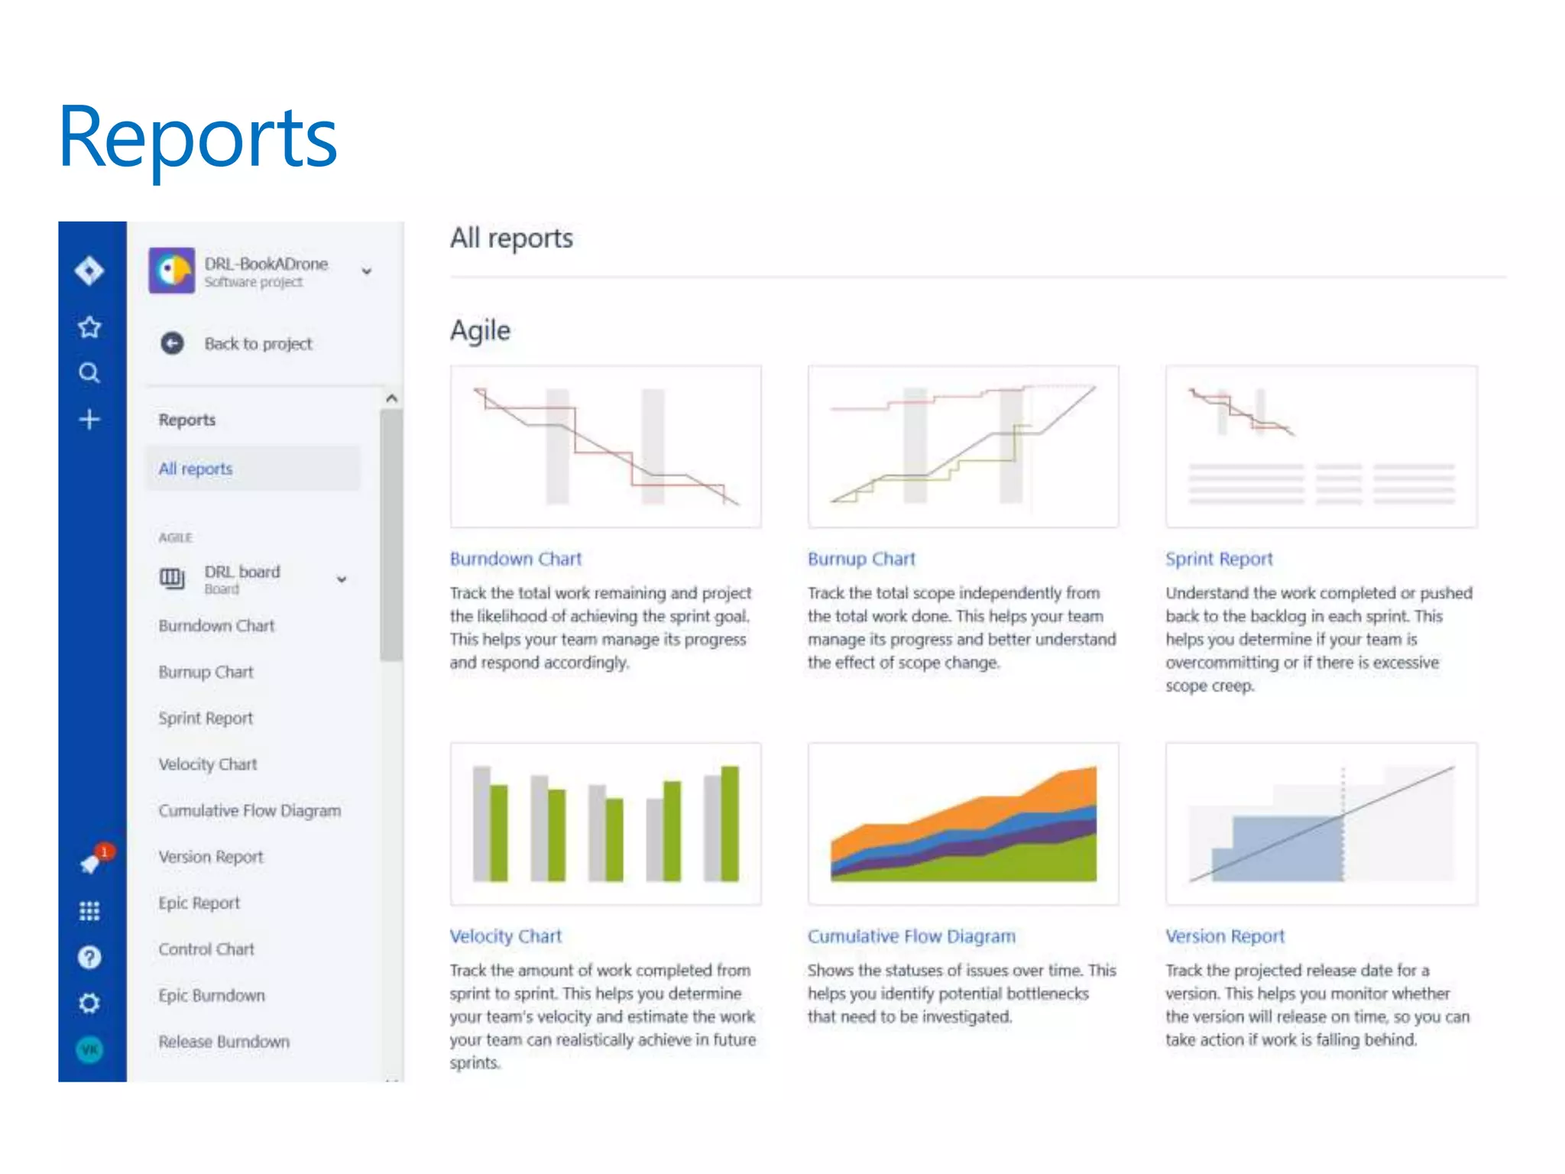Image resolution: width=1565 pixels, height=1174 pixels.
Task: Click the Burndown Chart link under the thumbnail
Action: click(x=516, y=559)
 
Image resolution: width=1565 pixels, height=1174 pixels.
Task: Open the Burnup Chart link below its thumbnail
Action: click(x=861, y=559)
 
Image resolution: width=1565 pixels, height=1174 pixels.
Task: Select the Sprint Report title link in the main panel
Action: click(x=1219, y=559)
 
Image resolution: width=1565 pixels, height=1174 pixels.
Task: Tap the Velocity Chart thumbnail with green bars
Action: click(x=605, y=823)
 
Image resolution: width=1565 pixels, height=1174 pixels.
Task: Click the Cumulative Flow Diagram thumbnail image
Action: click(x=963, y=823)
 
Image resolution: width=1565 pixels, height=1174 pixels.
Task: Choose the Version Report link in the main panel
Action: click(x=1225, y=936)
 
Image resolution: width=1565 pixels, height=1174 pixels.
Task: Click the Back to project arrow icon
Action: click(x=172, y=343)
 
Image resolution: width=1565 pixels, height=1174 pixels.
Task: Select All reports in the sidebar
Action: click(x=196, y=469)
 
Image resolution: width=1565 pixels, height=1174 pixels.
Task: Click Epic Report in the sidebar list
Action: click(x=199, y=903)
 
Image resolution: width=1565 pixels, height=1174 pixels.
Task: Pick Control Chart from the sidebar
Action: click(x=206, y=949)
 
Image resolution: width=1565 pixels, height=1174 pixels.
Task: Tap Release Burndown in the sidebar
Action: click(x=224, y=1042)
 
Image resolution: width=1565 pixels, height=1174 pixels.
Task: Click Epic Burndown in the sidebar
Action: click(x=212, y=995)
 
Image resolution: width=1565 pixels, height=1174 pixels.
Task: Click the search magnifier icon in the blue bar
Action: click(x=89, y=373)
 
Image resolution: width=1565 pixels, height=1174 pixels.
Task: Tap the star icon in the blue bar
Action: click(x=89, y=327)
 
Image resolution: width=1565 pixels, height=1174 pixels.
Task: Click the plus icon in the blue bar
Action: click(x=89, y=420)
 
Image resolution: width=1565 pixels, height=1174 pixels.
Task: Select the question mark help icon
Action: click(x=89, y=957)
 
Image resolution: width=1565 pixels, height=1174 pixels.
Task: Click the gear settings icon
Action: click(x=89, y=1003)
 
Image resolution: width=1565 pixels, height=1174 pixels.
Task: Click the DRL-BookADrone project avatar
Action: click(x=172, y=270)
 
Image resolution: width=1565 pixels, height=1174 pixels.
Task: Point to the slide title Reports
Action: click(x=198, y=138)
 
